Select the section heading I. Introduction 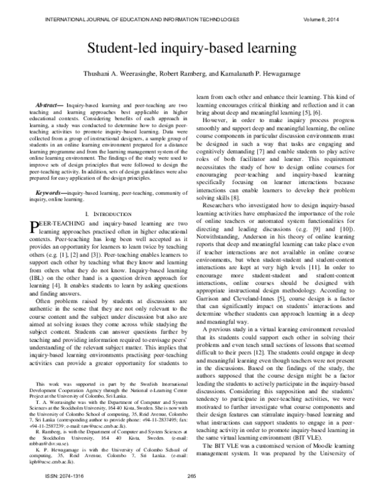104,212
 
